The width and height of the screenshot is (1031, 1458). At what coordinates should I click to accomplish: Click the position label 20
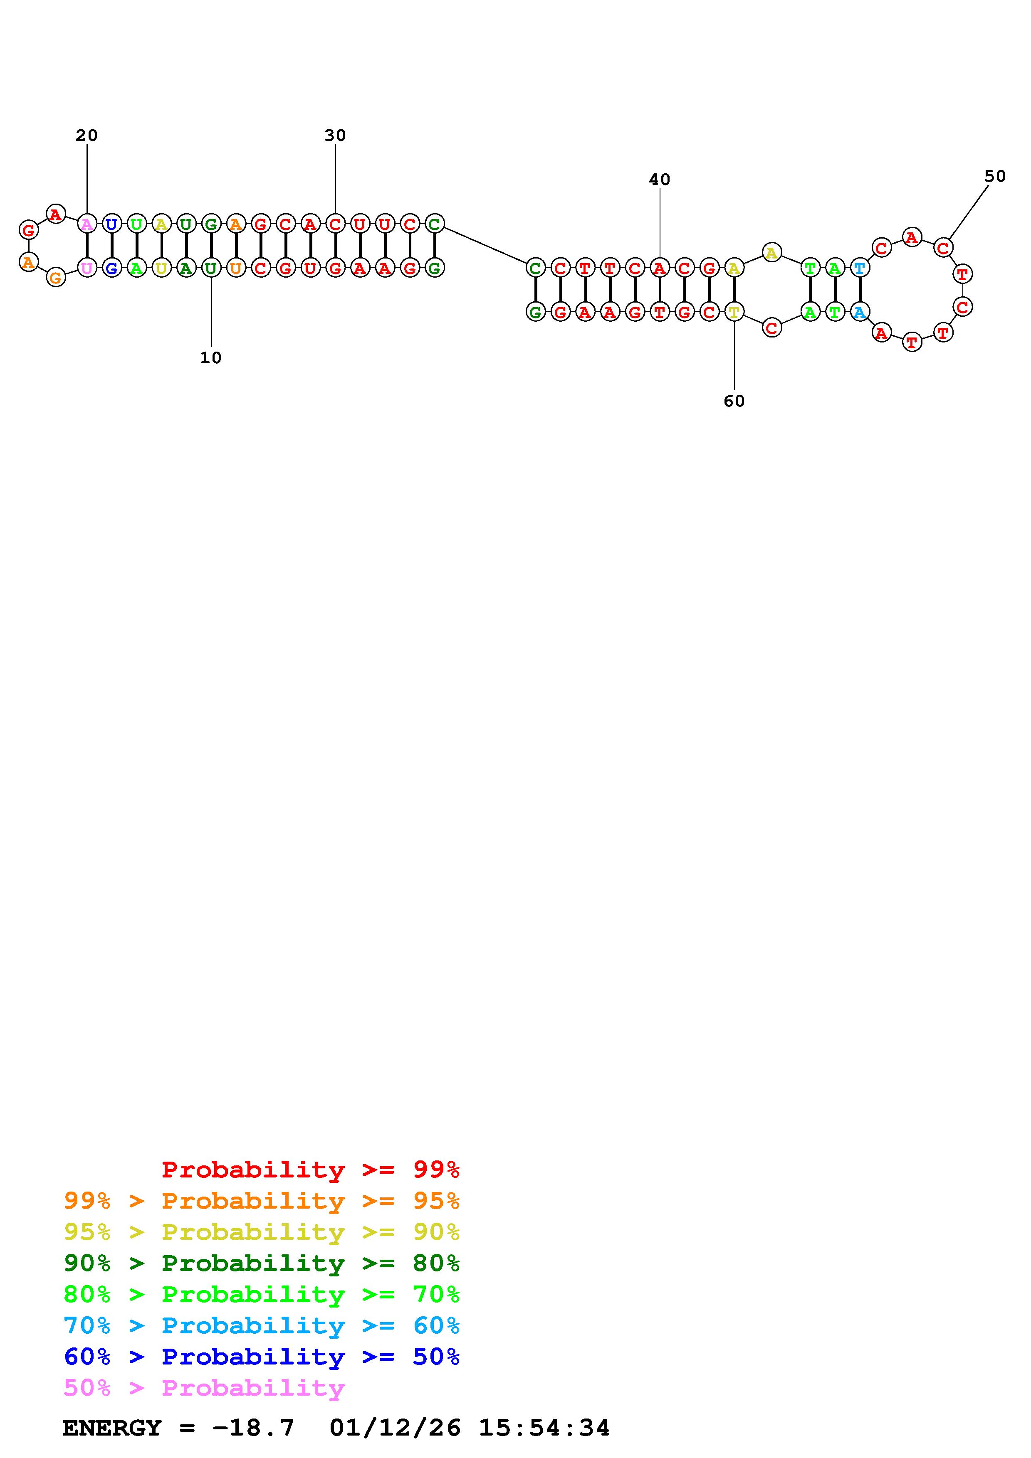tap(87, 135)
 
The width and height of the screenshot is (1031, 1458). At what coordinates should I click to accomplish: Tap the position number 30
tap(335, 135)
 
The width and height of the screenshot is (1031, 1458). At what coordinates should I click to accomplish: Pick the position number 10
tap(211, 357)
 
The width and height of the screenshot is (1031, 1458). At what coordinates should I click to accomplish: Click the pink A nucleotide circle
tap(87, 224)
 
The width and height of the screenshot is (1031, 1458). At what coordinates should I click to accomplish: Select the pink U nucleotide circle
tap(87, 268)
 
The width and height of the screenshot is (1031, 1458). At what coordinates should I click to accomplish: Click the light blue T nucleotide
tap(860, 268)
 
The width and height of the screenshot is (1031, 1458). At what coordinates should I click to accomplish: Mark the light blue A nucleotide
tap(860, 312)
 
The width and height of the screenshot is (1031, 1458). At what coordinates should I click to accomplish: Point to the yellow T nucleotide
tap(734, 312)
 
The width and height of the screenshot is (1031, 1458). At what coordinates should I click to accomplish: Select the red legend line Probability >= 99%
tap(311, 1169)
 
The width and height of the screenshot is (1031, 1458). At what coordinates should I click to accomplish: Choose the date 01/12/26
tap(395, 1428)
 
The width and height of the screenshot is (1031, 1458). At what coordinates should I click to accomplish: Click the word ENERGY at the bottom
tap(112, 1428)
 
